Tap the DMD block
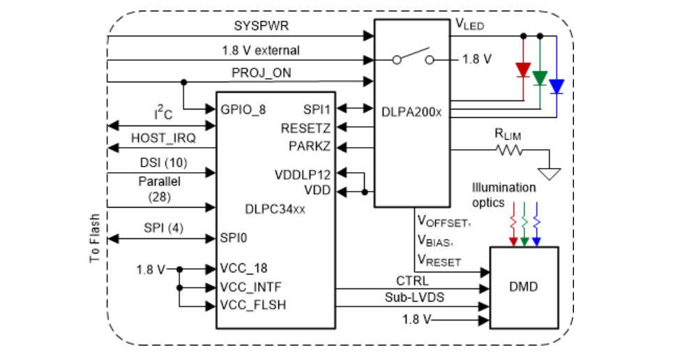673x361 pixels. (524, 286)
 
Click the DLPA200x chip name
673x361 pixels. (411, 111)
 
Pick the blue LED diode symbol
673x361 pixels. (557, 86)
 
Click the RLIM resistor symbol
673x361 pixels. (507, 149)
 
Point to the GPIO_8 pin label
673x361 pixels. (243, 110)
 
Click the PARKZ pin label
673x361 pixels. (310, 146)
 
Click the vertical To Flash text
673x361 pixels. (96, 238)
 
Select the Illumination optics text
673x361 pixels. (504, 194)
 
